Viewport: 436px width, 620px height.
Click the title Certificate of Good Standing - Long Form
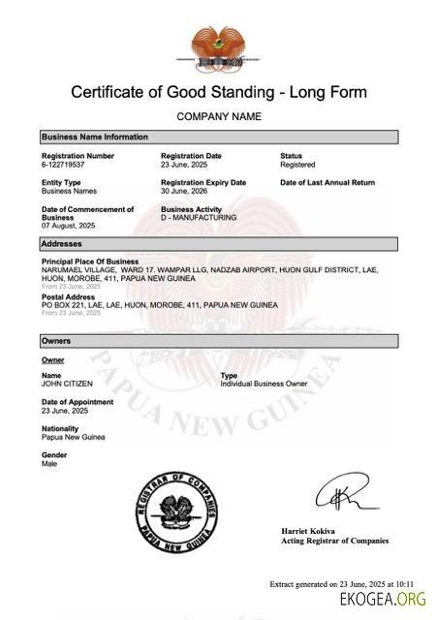(218, 93)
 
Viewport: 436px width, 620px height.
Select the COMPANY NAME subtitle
(218, 117)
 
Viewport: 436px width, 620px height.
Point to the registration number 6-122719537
(64, 165)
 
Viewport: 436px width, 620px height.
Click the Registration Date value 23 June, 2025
(185, 165)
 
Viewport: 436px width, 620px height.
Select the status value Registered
(297, 165)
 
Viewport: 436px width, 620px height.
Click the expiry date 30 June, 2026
(185, 191)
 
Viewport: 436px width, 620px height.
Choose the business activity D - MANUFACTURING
(198, 218)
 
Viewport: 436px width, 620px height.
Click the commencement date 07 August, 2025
(68, 226)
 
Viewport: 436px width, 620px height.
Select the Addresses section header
(62, 243)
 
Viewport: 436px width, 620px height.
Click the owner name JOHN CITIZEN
(67, 384)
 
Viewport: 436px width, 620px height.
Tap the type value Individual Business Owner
(265, 384)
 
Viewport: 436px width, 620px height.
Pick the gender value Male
(49, 463)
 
